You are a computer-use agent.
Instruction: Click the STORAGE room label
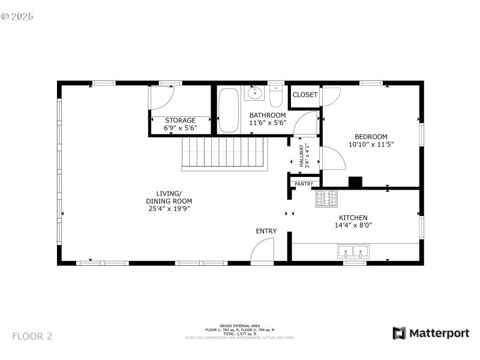[x=180, y=121]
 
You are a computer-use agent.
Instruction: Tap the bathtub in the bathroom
[x=228, y=110]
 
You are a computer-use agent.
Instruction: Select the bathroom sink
[x=255, y=93]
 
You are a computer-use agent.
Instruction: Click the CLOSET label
[x=305, y=95]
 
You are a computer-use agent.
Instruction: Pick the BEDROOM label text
[x=371, y=136]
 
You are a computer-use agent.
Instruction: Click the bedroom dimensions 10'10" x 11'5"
[x=371, y=145]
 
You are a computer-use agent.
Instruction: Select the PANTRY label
[x=304, y=184]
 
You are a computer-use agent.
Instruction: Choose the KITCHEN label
[x=353, y=218]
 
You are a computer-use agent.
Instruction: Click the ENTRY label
[x=266, y=231]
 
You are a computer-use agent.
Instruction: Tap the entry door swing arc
[x=262, y=249]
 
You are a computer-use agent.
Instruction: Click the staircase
[x=224, y=153]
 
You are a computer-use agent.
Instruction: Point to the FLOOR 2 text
[x=32, y=336]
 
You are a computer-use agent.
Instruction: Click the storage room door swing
[x=162, y=97]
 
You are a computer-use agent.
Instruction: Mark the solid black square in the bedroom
[x=356, y=182]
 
